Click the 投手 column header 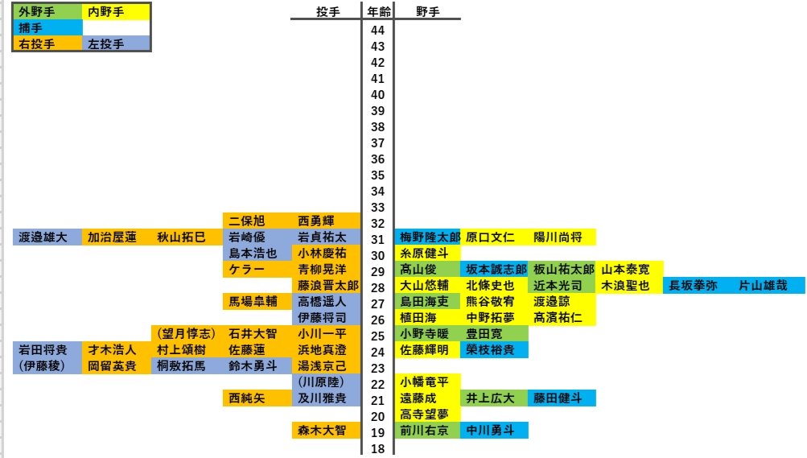327,12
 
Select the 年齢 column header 377,12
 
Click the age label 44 377,30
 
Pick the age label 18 377,448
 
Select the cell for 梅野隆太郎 428,237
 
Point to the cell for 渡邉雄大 47,237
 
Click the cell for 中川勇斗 494,431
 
